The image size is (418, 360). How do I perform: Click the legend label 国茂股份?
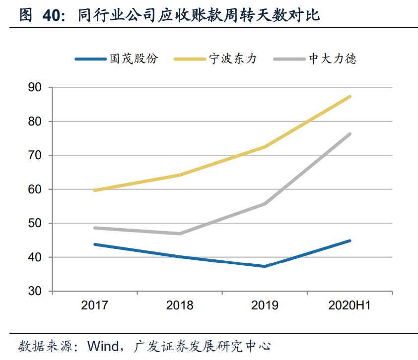[x=134, y=59]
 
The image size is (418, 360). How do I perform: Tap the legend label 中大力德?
[x=332, y=59]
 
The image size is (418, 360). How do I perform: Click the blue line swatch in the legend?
[x=90, y=59]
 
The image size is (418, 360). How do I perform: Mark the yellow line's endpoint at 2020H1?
[x=350, y=97]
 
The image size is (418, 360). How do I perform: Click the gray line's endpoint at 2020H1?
[x=350, y=134]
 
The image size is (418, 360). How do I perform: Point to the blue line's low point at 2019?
[x=265, y=266]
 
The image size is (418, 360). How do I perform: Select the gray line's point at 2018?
[x=180, y=234]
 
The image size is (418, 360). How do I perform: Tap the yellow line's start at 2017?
[x=94, y=190]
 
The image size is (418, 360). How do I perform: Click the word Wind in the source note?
[x=103, y=346]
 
